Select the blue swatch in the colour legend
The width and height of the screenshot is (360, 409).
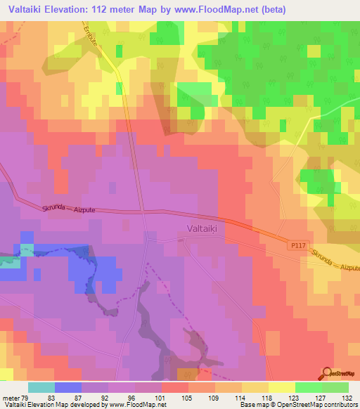click(x=67, y=387)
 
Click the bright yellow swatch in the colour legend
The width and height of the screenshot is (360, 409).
click(x=281, y=387)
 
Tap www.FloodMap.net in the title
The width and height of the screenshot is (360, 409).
click(x=238, y=9)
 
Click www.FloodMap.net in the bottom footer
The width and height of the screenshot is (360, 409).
click(x=140, y=405)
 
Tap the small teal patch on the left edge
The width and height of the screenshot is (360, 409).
click(x=9, y=261)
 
